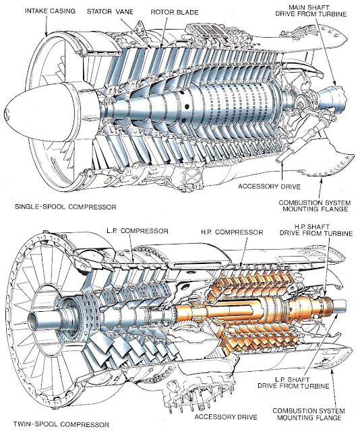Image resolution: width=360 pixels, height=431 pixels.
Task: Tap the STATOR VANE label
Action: pos(109,11)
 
